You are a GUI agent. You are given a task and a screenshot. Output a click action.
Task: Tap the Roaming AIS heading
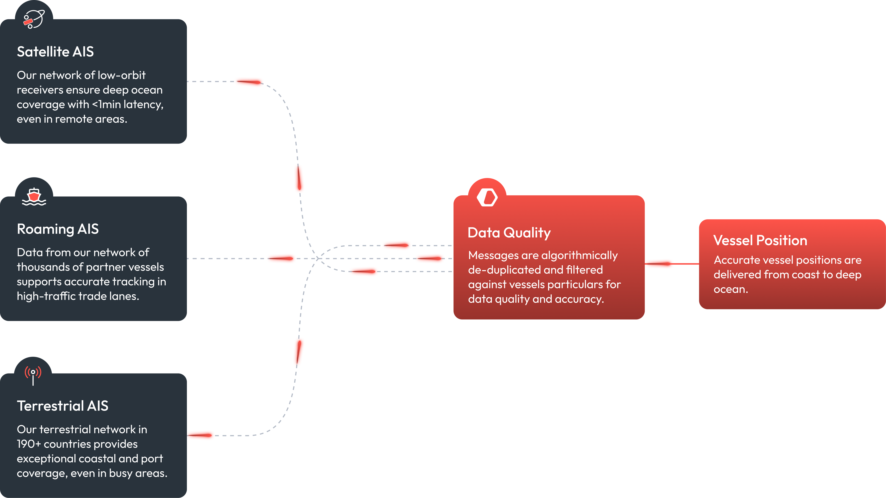tap(58, 229)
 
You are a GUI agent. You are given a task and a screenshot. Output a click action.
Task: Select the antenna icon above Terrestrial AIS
tap(33, 375)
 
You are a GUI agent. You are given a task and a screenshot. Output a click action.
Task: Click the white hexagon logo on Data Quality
tap(487, 197)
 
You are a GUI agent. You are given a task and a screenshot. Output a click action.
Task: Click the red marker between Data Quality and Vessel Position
tap(659, 264)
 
